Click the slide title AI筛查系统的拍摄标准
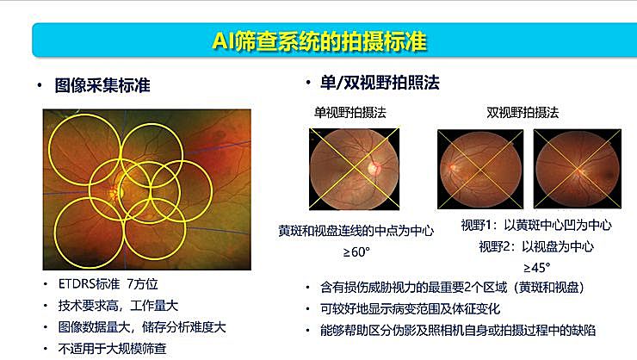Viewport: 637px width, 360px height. pyautogui.click(x=318, y=40)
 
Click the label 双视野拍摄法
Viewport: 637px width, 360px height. pyautogui.click(x=523, y=113)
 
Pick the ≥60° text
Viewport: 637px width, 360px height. pyautogui.click(x=356, y=251)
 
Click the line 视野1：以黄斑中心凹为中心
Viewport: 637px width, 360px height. pyautogui.click(x=535, y=225)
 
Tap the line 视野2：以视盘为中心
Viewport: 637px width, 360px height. pyautogui.click(x=535, y=245)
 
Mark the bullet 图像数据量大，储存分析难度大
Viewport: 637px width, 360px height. pyautogui.click(x=139, y=327)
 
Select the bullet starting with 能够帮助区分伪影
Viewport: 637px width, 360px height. pyautogui.click(x=458, y=330)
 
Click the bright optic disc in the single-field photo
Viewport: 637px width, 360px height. pyautogui.click(x=373, y=165)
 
